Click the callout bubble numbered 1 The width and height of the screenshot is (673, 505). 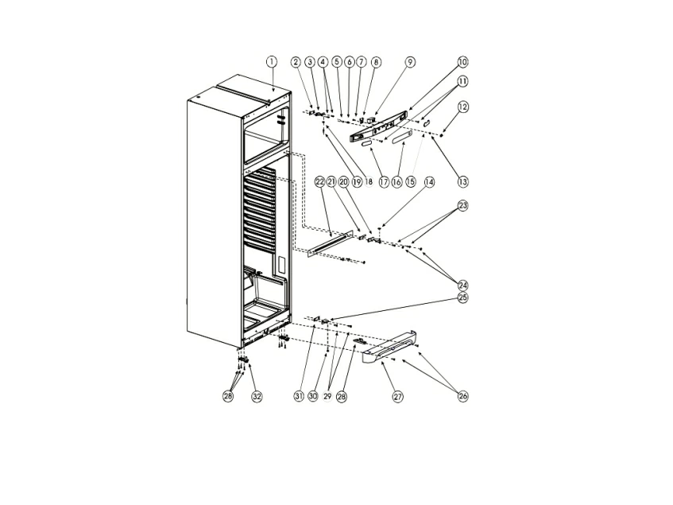[271, 62]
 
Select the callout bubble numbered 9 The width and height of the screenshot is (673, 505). [410, 62]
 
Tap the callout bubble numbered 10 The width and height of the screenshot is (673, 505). [462, 62]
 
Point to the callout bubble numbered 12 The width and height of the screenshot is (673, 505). [462, 107]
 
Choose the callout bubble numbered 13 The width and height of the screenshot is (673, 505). [462, 181]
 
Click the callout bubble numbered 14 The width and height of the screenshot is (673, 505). [429, 182]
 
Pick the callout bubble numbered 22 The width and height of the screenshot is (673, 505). [319, 182]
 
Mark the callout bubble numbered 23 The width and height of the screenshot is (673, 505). [462, 206]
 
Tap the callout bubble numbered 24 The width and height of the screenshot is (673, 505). [462, 286]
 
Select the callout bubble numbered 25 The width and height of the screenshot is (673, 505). [462, 297]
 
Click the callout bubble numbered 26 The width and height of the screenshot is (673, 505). [462, 396]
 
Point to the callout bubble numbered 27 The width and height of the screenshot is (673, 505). [398, 396]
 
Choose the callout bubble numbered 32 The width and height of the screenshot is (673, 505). [257, 396]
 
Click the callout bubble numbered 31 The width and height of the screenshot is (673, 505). [300, 396]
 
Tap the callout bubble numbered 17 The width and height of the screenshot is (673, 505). [384, 182]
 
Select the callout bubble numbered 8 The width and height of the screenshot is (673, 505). [376, 62]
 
